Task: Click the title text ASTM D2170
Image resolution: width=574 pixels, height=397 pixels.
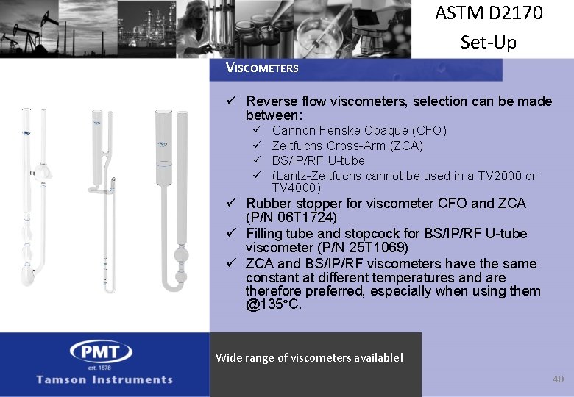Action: (489, 14)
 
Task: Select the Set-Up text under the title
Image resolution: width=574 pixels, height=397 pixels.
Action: (489, 42)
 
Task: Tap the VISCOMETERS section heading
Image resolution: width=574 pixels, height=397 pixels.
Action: (262, 68)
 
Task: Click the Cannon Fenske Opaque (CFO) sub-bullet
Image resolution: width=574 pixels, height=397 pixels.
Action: (358, 131)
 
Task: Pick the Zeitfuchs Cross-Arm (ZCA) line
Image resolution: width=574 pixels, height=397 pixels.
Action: (347, 146)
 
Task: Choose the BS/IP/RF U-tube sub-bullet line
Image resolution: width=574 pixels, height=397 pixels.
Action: (318, 160)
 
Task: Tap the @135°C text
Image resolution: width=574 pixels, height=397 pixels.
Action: (274, 304)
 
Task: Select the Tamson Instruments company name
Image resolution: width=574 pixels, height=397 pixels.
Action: (105, 379)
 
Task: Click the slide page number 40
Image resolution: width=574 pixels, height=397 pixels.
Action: (558, 379)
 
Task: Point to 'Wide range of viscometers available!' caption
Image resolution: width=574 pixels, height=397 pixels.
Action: (309, 358)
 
